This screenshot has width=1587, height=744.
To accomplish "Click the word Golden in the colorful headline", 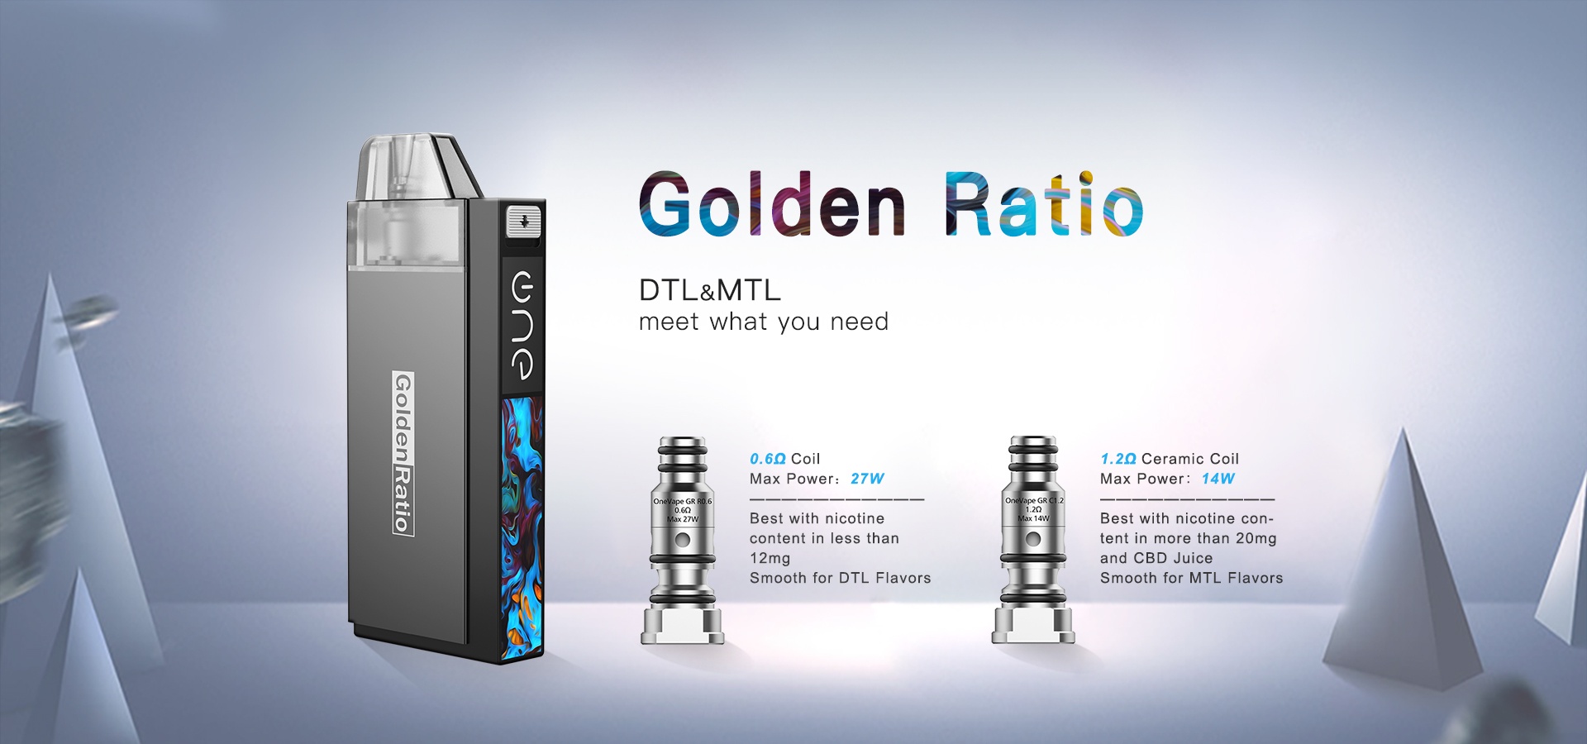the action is (772, 205).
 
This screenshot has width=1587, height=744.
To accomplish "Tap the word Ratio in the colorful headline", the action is (1044, 204).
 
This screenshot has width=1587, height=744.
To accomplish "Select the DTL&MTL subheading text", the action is (710, 290).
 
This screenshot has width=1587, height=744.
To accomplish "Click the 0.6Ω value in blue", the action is (767, 459).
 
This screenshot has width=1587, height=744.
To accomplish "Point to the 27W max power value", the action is (867, 479).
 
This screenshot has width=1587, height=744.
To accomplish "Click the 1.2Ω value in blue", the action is (1118, 459).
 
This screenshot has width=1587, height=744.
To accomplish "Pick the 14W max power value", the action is (1218, 479).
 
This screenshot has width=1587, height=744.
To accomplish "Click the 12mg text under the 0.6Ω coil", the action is (770, 559).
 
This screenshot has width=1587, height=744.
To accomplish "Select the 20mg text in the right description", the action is (1256, 539).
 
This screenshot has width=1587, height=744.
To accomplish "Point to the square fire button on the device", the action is (523, 222).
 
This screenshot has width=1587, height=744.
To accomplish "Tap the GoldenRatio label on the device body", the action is (402, 453).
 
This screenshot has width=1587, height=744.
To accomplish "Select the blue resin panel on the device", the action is (522, 527).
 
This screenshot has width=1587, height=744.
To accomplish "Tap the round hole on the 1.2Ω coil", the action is (1033, 540).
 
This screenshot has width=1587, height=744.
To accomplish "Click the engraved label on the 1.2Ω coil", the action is (1034, 509).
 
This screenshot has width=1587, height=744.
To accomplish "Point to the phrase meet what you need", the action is (764, 322).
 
